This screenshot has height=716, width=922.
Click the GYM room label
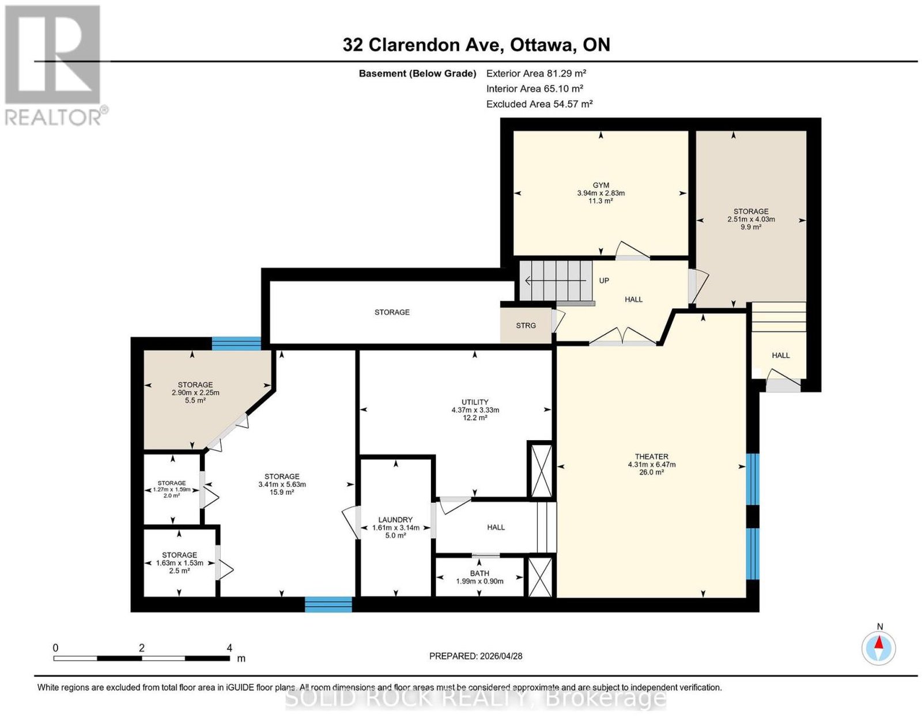coord(600,185)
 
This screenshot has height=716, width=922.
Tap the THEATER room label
coord(651,457)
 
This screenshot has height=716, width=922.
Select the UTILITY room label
coord(475,402)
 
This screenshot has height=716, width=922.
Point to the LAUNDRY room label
coord(395,520)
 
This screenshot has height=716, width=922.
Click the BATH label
coord(479,573)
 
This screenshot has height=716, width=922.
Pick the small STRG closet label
coord(526,325)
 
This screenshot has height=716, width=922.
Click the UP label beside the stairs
coord(604,281)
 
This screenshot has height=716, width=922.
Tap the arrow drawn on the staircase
coord(556,281)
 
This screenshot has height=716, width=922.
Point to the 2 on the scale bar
coord(141,648)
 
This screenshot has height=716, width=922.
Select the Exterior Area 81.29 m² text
coord(536,73)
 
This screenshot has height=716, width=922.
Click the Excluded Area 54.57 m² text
coord(539,104)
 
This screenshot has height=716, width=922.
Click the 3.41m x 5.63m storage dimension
coord(282,484)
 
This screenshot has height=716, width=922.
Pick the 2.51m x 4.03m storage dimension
coord(751,219)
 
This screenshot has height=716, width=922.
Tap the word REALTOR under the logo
coord(53,118)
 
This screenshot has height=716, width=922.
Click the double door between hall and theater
coord(622,336)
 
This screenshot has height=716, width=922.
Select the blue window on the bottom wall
coord(328,604)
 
